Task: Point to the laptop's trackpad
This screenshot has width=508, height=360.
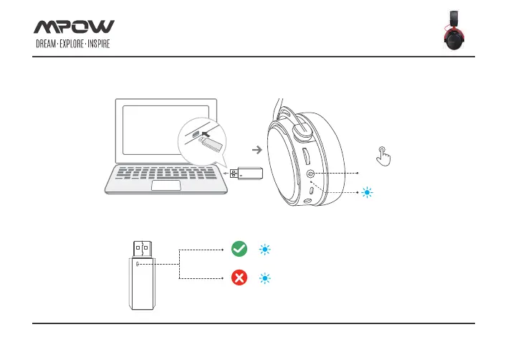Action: tap(166, 186)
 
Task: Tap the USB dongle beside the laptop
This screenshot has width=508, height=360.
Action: tap(248, 173)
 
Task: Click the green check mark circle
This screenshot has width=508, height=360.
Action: tap(239, 250)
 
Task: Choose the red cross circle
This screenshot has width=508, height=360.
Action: tap(239, 278)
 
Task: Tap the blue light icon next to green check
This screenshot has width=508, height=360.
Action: tap(264, 250)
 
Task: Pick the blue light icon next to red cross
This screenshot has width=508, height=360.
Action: tap(264, 278)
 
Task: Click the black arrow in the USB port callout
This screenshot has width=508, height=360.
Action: tap(208, 132)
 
